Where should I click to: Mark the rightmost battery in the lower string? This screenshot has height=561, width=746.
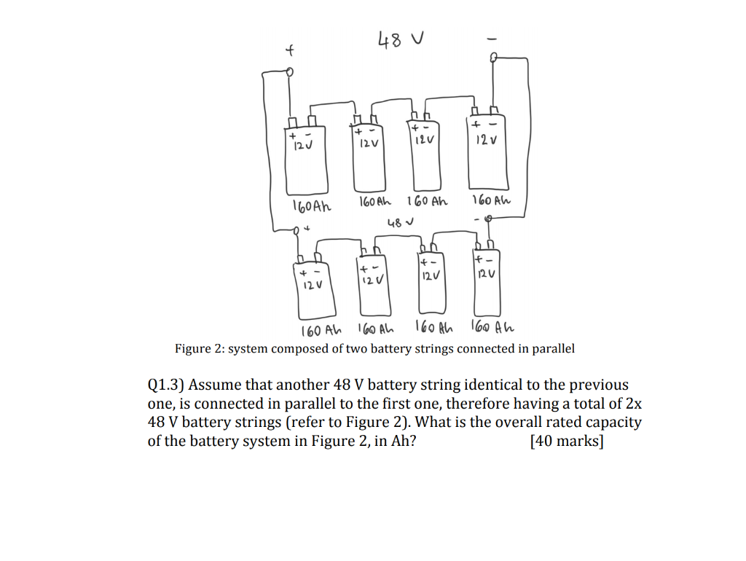pyautogui.click(x=487, y=284)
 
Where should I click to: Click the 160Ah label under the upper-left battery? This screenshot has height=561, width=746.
pyautogui.click(x=311, y=206)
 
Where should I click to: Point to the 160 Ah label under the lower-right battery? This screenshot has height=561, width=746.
pyautogui.click(x=493, y=326)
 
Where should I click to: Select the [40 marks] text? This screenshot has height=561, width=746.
pyautogui.click(x=568, y=441)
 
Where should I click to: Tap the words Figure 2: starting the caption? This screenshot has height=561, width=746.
pyautogui.click(x=199, y=349)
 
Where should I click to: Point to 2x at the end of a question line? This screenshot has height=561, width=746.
pyautogui.click(x=634, y=404)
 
